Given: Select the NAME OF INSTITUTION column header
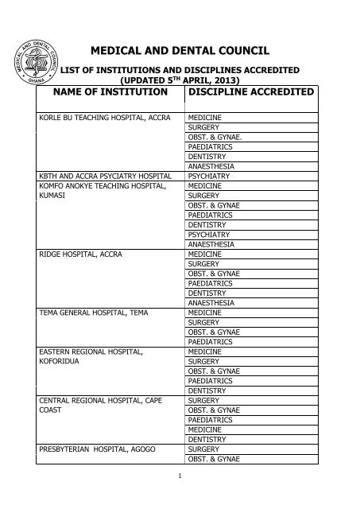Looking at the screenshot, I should coord(102,93).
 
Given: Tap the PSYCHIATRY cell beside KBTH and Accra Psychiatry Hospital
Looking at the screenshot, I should coord(211,176).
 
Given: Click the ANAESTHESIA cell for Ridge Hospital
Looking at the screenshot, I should coord(212,303).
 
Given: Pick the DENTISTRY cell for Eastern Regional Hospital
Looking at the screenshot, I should coord(210,390).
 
